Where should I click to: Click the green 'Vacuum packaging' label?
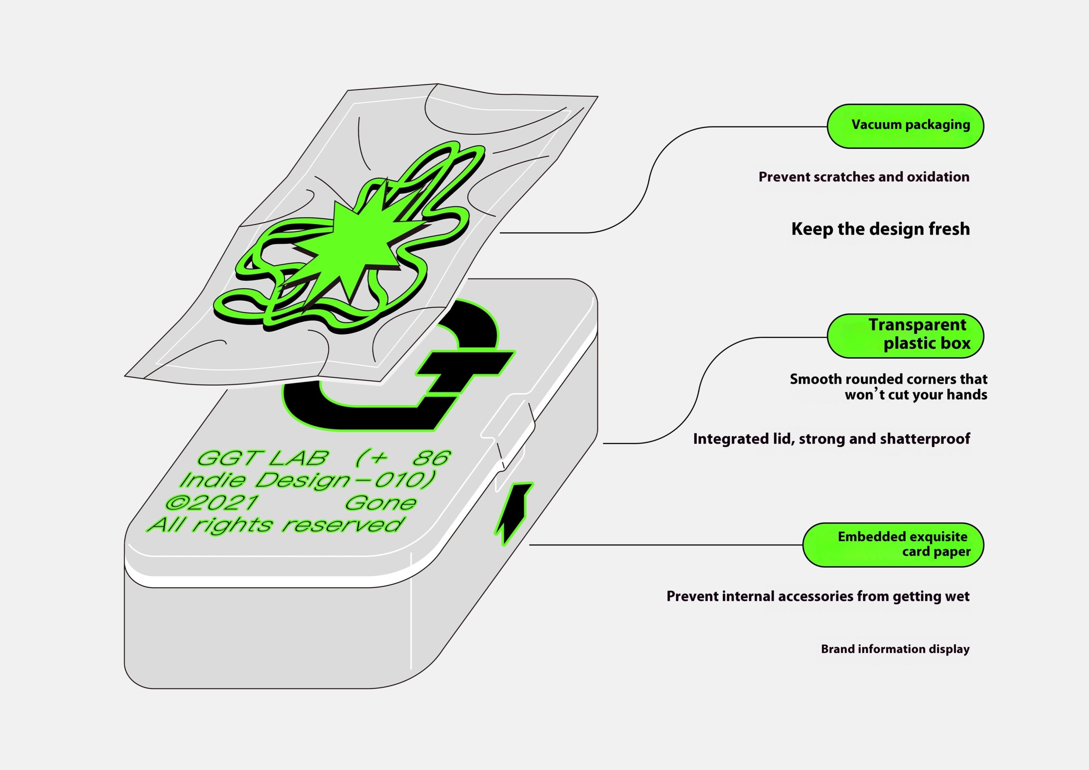905,126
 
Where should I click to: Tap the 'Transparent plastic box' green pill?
905,335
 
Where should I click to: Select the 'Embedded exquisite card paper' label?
892,545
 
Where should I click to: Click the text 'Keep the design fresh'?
880,229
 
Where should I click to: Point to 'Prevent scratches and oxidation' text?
864,177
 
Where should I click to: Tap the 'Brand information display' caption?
895,649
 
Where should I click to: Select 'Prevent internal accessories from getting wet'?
818,596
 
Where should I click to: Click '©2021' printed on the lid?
211,503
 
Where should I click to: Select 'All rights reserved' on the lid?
275,525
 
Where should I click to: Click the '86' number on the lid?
432,458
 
